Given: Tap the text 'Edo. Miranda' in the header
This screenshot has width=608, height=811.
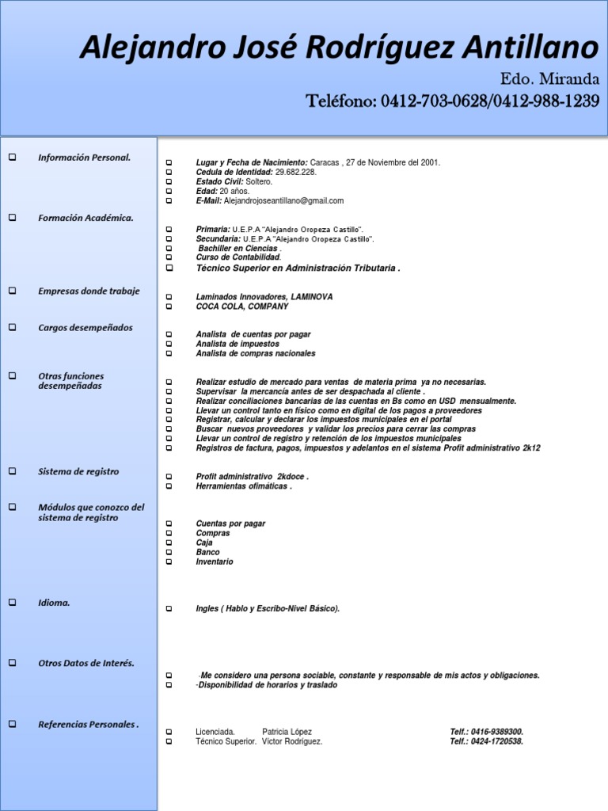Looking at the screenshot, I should tap(549, 80).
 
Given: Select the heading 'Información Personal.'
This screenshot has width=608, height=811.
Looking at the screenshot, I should tap(84, 158).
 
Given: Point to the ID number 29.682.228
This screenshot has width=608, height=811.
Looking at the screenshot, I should tap(295, 172).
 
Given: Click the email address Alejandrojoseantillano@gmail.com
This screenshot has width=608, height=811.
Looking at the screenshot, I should tap(283, 201).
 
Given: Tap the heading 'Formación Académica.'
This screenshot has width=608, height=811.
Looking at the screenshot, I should tap(85, 218).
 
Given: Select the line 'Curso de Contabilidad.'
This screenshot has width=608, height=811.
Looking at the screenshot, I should tap(238, 257).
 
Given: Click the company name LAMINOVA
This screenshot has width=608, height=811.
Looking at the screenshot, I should tap(312, 296).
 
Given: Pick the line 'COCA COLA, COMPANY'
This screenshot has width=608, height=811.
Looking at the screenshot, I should tap(241, 306).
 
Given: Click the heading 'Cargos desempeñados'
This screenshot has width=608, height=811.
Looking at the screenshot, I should tap(85, 327).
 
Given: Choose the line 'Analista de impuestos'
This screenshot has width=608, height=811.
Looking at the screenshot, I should tap(237, 344).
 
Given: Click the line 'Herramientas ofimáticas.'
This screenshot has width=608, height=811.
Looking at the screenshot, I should tap(244, 486).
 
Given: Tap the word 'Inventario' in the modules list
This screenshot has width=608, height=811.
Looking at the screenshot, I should tap(215, 562).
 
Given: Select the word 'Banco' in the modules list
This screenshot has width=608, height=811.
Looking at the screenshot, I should tap(207, 552).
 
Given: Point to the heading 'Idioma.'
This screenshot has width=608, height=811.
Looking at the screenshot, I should tap(54, 603).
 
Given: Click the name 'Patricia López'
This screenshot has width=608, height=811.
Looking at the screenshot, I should tap(287, 732).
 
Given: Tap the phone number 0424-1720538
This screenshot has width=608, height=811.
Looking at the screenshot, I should tap(499, 741).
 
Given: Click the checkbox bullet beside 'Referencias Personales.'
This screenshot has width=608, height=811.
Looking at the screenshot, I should tap(12, 724).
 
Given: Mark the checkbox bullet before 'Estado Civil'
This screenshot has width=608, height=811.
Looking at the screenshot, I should tap(169, 181).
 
